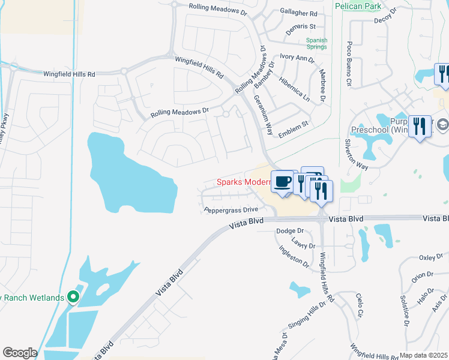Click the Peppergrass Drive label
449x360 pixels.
click(x=231, y=209)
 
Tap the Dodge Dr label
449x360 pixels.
click(x=290, y=231)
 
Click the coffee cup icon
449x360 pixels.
click(x=282, y=180)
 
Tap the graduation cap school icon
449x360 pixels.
click(x=443, y=124)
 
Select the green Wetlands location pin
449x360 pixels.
click(x=73, y=297)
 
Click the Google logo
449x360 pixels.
click(x=19, y=353)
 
